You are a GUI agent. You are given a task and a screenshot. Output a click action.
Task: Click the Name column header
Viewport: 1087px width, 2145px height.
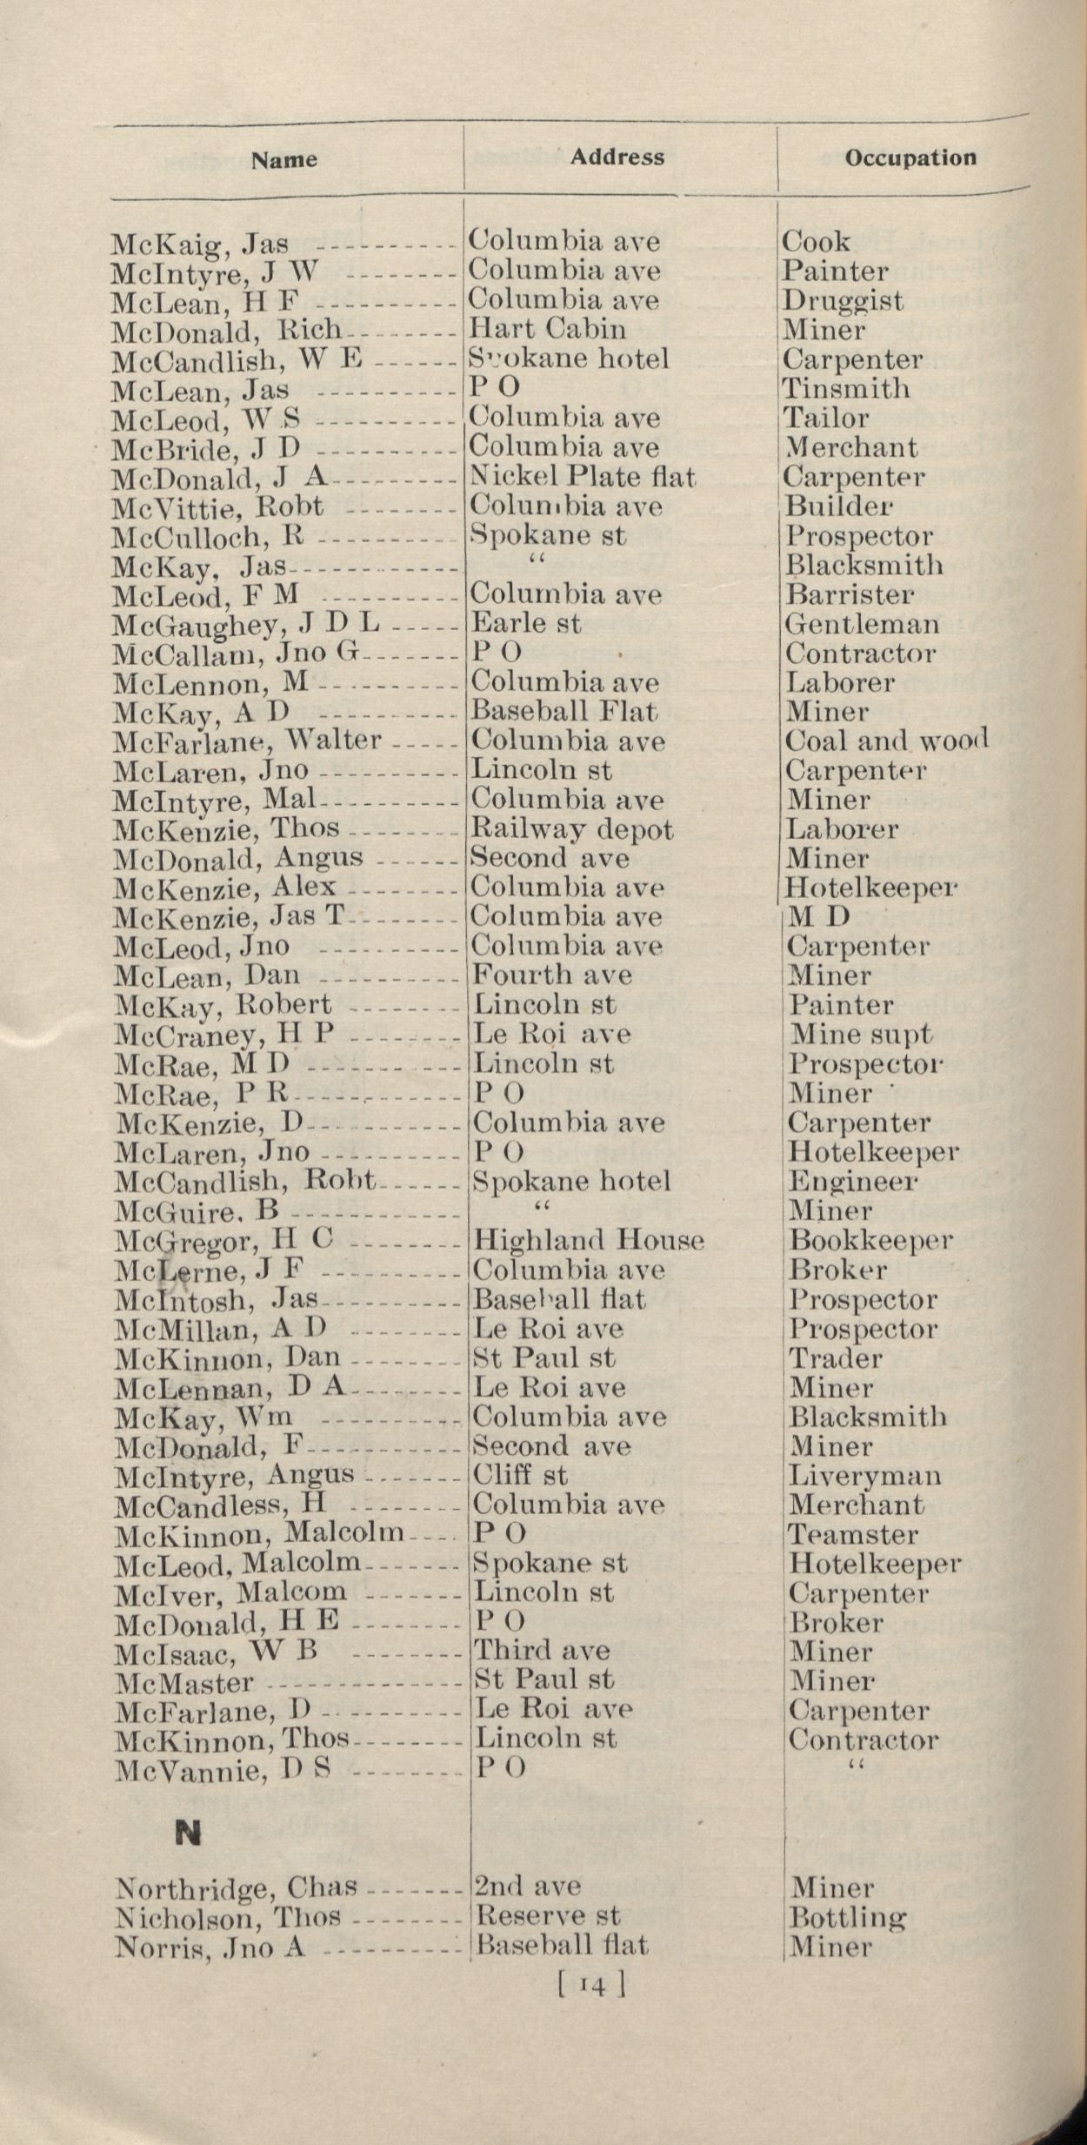[x=284, y=160]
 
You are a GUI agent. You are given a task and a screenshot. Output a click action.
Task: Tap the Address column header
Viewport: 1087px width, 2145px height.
[x=617, y=158]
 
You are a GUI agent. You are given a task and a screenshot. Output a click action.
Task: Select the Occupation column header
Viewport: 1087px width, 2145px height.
[x=910, y=158]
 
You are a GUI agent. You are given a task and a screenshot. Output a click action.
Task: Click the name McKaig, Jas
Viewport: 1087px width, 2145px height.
[x=201, y=245]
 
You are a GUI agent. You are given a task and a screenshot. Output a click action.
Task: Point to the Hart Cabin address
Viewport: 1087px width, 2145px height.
[x=547, y=330]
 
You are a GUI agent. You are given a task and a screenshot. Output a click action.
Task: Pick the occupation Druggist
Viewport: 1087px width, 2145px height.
[x=842, y=301]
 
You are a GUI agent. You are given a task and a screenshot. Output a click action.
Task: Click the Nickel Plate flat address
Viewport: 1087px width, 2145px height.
[x=583, y=477]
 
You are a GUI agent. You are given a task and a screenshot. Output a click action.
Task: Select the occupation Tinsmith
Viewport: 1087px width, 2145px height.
[x=845, y=389]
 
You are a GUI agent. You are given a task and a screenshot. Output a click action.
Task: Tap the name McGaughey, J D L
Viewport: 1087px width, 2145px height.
[x=250, y=625]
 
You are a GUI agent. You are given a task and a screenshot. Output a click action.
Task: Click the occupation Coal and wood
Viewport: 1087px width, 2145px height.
[x=886, y=741]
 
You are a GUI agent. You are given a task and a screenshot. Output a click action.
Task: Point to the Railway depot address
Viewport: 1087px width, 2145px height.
[x=570, y=829]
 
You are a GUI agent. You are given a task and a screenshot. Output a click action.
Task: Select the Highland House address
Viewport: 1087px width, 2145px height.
[x=587, y=1239]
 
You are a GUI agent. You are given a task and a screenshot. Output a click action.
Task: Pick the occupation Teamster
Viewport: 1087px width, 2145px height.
[x=852, y=1534]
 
